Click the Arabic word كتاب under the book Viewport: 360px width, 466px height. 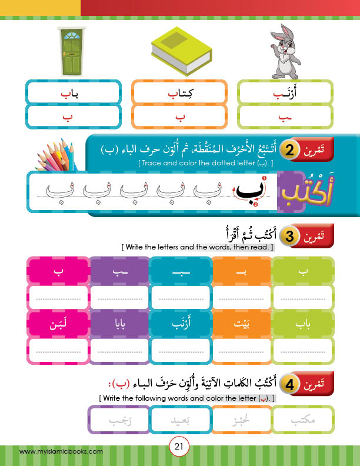180,93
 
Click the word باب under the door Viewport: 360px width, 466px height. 71,93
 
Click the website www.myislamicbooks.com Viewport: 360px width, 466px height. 62,451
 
